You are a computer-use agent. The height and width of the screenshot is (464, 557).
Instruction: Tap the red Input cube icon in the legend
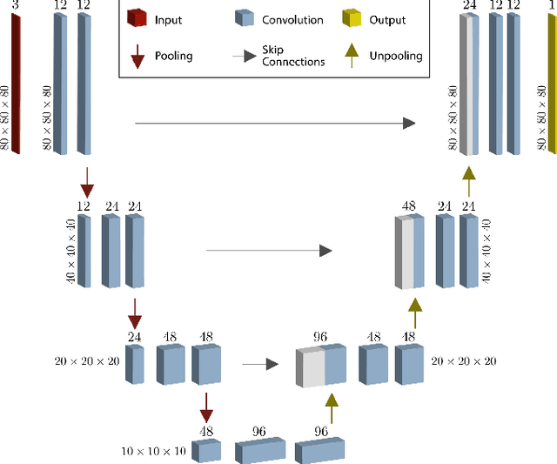pyautogui.click(x=137, y=18)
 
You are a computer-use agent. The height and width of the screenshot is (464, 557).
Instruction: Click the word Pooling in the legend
pyautogui.click(x=174, y=56)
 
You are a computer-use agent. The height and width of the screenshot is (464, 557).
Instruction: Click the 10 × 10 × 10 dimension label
pyautogui.click(x=153, y=451)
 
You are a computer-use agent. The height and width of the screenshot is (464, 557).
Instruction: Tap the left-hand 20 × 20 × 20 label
pyautogui.click(x=87, y=361)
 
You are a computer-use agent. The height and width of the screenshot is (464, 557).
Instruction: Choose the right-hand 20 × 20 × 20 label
pyautogui.click(x=464, y=361)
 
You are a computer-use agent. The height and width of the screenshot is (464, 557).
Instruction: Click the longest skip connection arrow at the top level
pyautogui.click(x=275, y=124)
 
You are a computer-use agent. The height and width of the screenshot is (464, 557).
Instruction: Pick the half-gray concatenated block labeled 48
pyautogui.click(x=409, y=252)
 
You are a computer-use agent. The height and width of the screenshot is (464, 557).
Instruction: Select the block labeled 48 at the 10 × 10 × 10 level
pyautogui.click(x=207, y=451)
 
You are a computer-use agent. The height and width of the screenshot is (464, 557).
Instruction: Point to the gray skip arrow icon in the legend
pyautogui.click(x=248, y=56)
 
